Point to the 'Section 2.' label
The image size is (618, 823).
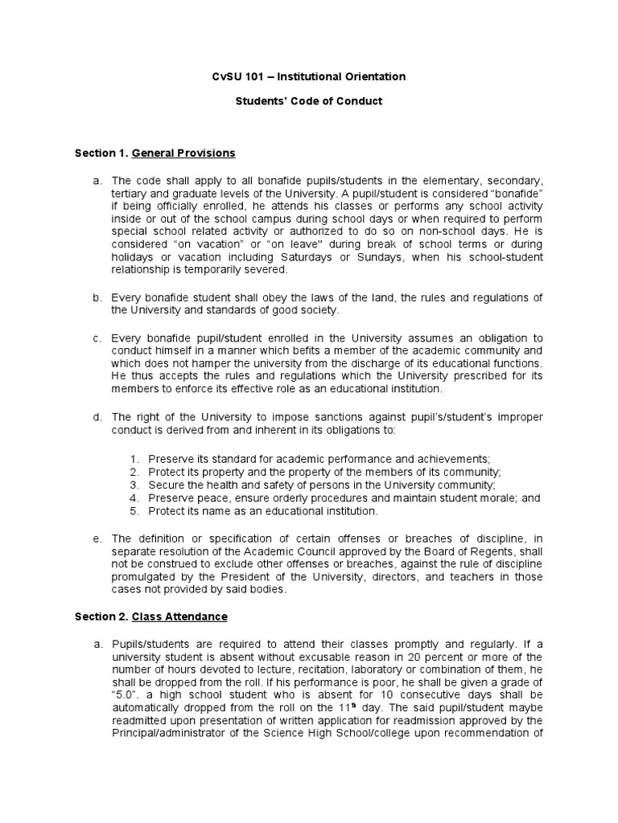click(x=100, y=616)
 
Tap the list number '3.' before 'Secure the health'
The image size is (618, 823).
click(x=134, y=485)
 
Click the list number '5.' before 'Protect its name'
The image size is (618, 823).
click(x=134, y=511)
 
